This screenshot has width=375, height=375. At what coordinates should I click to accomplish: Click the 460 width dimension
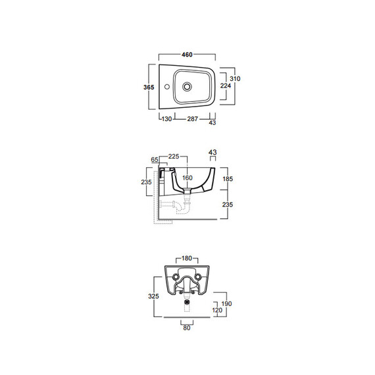click(x=187, y=55)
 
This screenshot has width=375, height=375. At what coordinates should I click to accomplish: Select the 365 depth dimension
click(x=149, y=87)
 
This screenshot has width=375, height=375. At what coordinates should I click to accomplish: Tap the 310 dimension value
click(x=235, y=78)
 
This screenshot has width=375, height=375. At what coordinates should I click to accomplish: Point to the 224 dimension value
click(x=226, y=86)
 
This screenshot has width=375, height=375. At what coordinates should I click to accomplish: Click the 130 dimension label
click(x=166, y=119)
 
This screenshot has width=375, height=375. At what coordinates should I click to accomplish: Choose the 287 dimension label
click(x=193, y=119)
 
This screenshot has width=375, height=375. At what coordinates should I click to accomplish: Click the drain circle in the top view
click(x=187, y=86)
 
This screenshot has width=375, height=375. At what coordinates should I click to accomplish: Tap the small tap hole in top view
click(x=167, y=86)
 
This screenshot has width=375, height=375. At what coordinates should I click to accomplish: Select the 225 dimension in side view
click(x=174, y=157)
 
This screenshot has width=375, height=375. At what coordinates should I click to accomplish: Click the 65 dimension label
click(x=155, y=159)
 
